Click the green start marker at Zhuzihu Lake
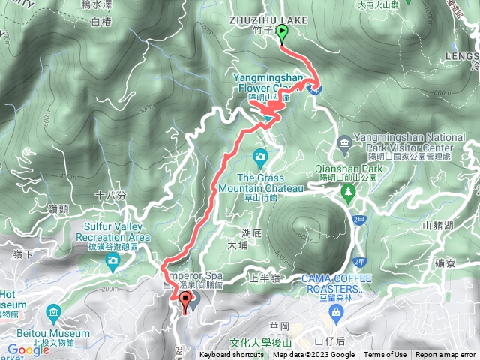tap(283, 32)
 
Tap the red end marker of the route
tap(185, 303)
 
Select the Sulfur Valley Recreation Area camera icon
tap(112, 260)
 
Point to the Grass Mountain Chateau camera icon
tap(260, 157)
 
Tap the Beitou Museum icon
tap(53, 310)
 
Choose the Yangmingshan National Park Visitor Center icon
tap(343, 142)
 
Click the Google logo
tap(28, 349)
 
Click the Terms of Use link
tap(385, 355)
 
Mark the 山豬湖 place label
tap(438, 225)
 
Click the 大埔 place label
tap(237, 244)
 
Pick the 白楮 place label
tap(100, 22)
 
